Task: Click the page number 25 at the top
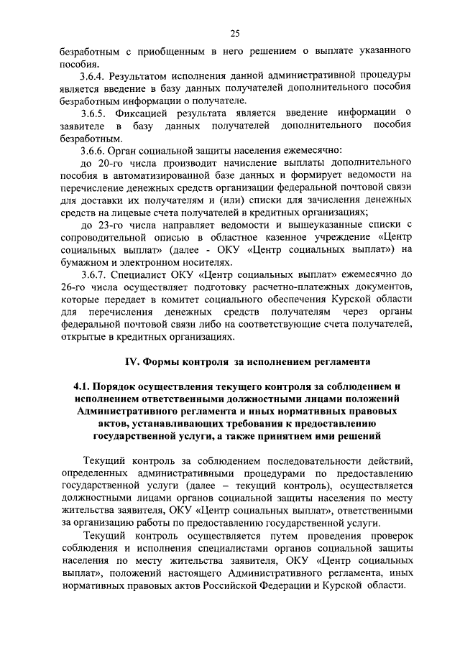point(234,32)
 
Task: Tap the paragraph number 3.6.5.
point(95,113)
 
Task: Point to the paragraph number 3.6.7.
point(95,274)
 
